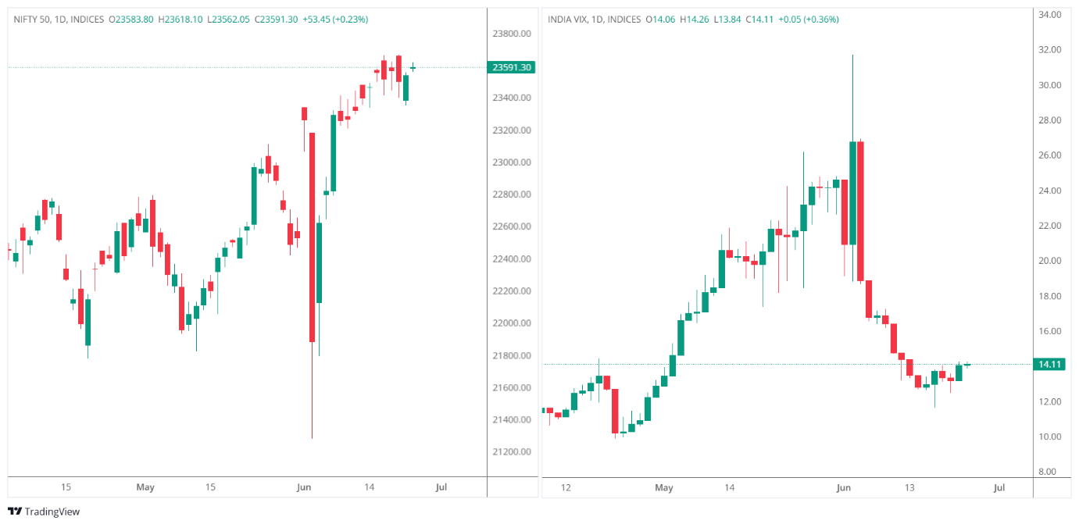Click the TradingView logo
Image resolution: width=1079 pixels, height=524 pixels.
[x=44, y=512]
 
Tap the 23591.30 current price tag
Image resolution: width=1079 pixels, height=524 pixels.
[x=512, y=67]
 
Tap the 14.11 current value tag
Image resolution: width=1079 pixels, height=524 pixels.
[x=1048, y=364]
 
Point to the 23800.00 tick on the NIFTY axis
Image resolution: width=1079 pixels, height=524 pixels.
[x=512, y=34]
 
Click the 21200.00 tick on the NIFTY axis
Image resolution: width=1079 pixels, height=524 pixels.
[x=512, y=452]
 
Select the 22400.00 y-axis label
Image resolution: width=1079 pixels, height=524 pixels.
[x=512, y=259]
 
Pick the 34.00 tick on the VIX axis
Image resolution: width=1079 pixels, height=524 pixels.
[x=1049, y=15]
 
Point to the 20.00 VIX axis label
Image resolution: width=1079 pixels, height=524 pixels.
[x=1049, y=261]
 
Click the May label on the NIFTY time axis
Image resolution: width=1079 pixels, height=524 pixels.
[x=145, y=487]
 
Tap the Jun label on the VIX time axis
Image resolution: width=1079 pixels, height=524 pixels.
[x=843, y=488]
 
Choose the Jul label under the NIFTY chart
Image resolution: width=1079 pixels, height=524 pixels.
[x=441, y=487]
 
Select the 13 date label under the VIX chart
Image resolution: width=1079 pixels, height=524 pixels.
[x=909, y=488]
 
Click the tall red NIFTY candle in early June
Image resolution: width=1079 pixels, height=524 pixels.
[x=312, y=237]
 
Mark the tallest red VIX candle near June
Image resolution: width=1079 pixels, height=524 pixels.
[x=860, y=211]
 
